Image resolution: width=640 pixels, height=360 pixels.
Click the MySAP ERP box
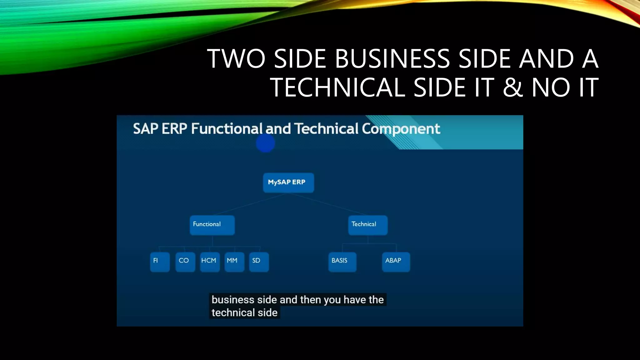click(288, 182)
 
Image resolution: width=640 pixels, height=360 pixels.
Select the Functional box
click(212, 225)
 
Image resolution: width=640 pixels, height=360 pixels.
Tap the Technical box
click(368, 225)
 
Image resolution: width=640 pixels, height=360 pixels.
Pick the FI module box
click(160, 262)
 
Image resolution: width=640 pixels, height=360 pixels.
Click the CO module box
click(185, 262)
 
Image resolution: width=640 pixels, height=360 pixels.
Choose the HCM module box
click(209, 262)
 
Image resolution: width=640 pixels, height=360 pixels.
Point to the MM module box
click(234, 262)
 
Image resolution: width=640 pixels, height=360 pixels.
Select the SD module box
click(259, 262)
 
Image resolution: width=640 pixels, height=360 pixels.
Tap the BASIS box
click(342, 262)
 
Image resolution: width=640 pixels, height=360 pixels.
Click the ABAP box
click(396, 262)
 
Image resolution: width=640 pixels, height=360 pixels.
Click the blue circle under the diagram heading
click(265, 143)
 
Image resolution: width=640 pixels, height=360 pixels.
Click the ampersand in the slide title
click(513, 87)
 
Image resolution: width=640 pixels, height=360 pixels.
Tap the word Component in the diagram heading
click(401, 129)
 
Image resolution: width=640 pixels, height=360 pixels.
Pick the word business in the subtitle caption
click(233, 300)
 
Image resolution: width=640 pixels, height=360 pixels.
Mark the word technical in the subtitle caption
click(233, 312)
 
